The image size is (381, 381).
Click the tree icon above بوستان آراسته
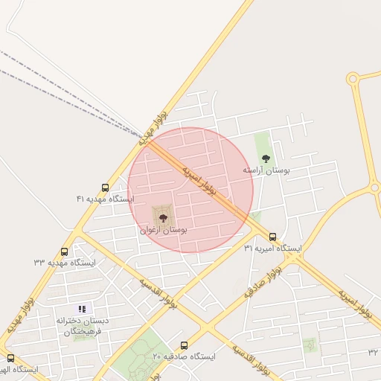pyautogui.click(x=266, y=158)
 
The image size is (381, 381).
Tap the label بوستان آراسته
pyautogui.click(x=266, y=170)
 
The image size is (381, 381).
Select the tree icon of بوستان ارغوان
pyautogui.click(x=163, y=217)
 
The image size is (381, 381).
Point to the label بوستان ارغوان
pyautogui.click(x=163, y=231)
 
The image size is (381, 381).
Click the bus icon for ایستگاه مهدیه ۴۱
pyautogui.click(x=104, y=188)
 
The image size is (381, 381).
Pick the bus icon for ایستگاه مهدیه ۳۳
pyautogui.click(x=64, y=252)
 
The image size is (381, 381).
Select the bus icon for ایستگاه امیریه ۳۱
pyautogui.click(x=272, y=237)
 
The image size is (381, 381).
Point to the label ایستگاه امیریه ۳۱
pyautogui.click(x=272, y=249)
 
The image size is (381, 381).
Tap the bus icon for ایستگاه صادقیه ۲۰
pyautogui.click(x=184, y=345)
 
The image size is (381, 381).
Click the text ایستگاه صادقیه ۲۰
pyautogui.click(x=184, y=357)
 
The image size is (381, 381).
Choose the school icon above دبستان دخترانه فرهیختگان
pyautogui.click(x=82, y=309)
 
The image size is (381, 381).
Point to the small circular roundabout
pyautogui.click(x=353, y=78)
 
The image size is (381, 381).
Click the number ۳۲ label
pyautogui.click(x=373, y=351)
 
